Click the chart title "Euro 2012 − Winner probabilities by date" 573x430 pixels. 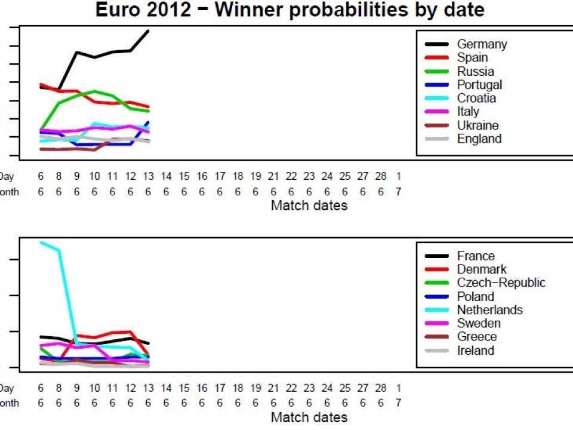290,10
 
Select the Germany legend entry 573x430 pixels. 482,44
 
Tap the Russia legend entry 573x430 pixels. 475,72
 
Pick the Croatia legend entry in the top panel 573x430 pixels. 476,98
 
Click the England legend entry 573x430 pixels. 479,139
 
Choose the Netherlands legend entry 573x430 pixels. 489,310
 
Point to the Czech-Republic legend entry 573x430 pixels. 501,283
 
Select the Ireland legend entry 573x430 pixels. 475,351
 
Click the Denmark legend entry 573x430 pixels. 481,269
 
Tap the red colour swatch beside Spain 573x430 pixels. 437,58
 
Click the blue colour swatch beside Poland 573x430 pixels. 437,297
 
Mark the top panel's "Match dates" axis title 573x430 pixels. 309,206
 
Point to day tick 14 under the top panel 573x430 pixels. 166,177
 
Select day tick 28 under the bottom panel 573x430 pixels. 380,388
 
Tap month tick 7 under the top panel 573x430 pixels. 398,192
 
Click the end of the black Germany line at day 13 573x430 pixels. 148,30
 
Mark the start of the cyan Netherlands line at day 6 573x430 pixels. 41,242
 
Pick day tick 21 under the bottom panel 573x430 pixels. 273,388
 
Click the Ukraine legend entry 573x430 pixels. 478,125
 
